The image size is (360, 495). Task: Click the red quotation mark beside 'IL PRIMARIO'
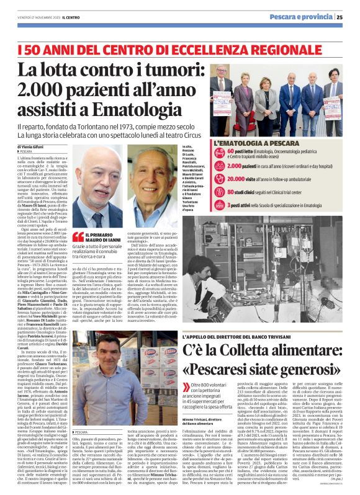[78, 236]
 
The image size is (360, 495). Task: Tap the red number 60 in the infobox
[232, 151]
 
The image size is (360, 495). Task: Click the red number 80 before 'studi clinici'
[232, 192]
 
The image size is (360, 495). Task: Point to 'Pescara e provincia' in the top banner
[307, 17]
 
